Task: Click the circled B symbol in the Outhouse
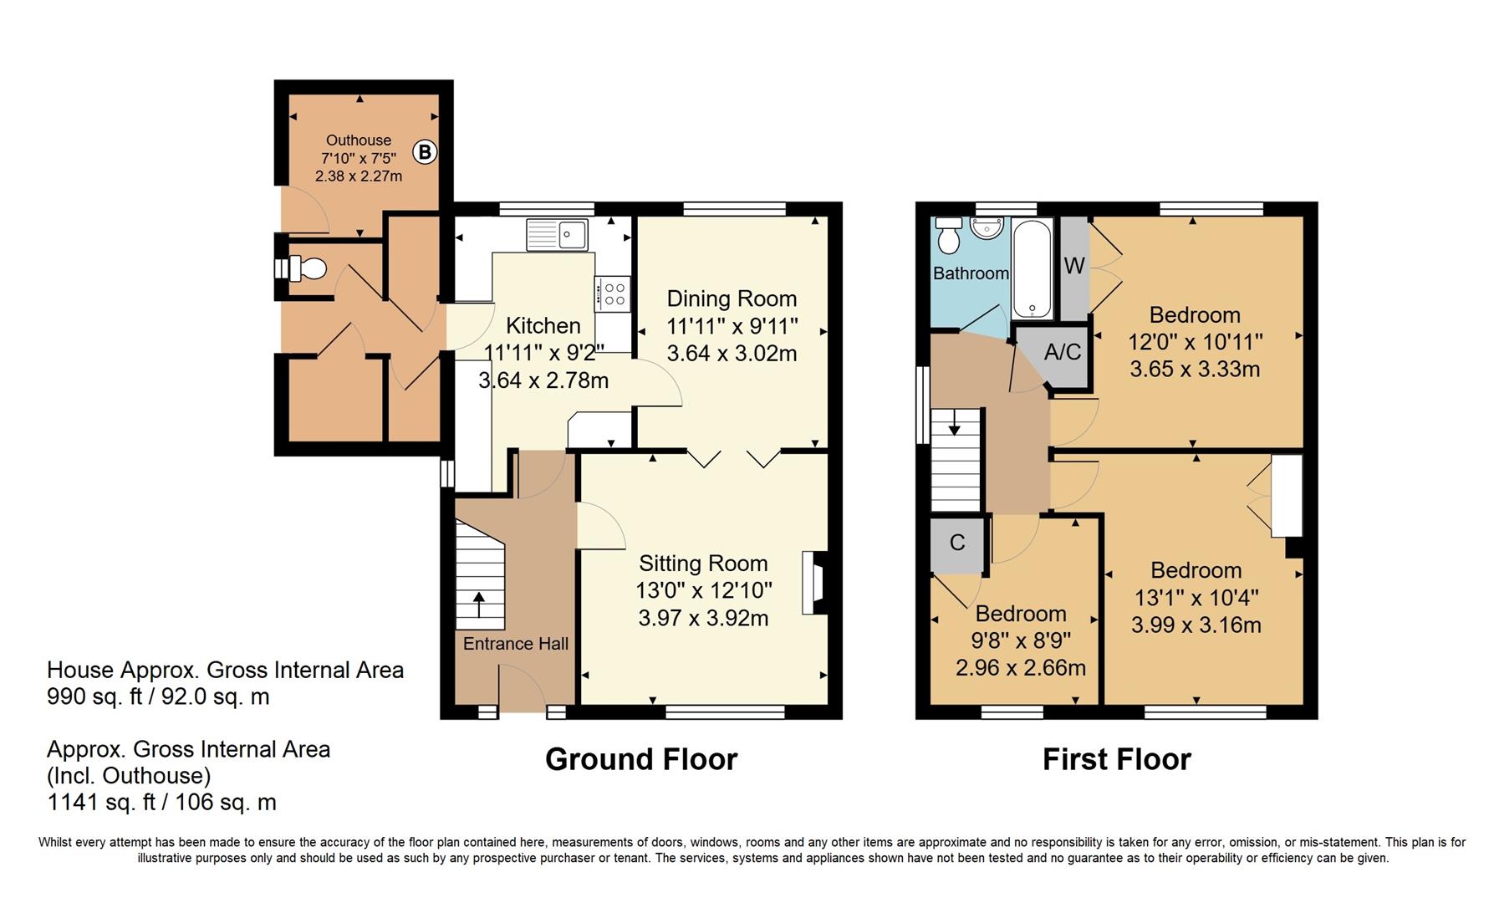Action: (x=425, y=152)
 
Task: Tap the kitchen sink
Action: (x=557, y=234)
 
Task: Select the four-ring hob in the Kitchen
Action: (x=613, y=293)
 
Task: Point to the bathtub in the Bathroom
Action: (x=1032, y=269)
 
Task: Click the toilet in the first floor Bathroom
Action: (x=949, y=235)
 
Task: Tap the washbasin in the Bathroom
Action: (x=987, y=227)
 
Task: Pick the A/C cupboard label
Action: (x=1063, y=352)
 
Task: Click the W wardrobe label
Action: (x=1074, y=266)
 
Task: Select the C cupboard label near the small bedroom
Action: (x=957, y=543)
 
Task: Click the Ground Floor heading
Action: (x=641, y=759)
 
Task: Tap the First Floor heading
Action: (x=1116, y=759)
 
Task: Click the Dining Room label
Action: (x=732, y=298)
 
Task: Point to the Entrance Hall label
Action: (x=516, y=643)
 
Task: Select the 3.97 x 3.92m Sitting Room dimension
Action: (x=703, y=618)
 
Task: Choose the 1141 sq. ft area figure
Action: (x=101, y=803)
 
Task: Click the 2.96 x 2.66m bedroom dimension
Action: (x=1021, y=668)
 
